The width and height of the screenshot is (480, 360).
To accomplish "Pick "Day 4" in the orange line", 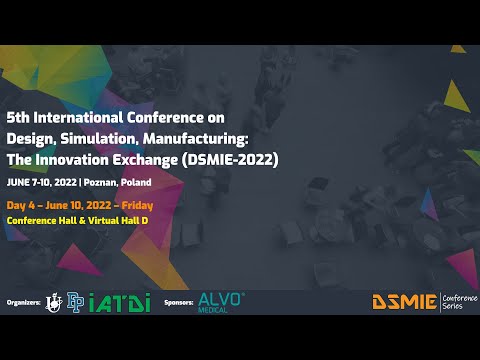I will pos(22,204).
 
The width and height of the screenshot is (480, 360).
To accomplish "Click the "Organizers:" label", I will pos(21,301).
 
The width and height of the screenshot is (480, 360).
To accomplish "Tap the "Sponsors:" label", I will pos(177,301).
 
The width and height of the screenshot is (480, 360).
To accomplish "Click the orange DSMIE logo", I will pos(404,301).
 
